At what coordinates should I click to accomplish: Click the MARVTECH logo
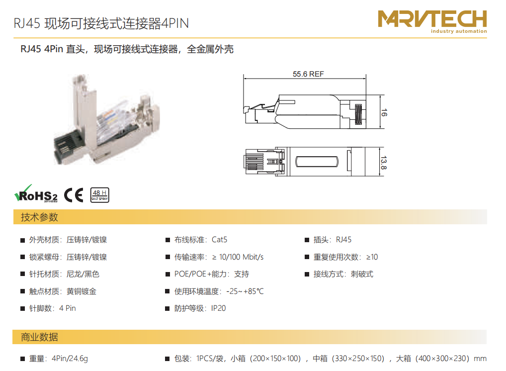[432, 21]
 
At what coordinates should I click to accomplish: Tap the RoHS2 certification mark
[36, 194]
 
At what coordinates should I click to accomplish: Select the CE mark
[74, 195]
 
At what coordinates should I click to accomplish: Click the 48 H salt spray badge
[100, 195]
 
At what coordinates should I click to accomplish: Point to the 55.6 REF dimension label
[308, 74]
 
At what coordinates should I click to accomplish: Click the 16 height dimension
[384, 113]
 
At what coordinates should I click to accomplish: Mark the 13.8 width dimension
[383, 163]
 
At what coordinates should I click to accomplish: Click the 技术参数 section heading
[39, 217]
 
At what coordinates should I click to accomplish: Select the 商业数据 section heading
[39, 337]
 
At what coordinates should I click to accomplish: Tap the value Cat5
[219, 240]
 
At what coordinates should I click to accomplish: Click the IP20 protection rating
[219, 308]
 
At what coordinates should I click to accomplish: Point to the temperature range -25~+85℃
[245, 291]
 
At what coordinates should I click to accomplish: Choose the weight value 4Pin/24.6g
[70, 359]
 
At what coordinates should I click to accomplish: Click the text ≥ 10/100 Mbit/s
[238, 257]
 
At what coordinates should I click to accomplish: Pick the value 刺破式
[362, 274]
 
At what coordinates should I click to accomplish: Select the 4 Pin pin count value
[68, 308]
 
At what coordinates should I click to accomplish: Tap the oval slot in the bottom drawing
[317, 162]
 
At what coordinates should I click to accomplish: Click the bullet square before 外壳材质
[22, 240]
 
